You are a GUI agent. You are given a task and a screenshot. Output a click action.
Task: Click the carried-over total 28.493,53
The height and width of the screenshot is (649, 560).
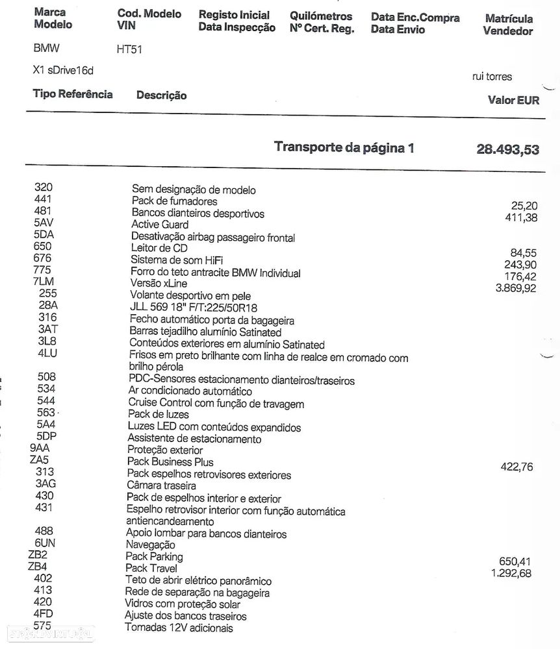click(x=507, y=150)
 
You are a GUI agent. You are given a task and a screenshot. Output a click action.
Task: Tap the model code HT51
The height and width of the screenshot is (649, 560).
click(x=129, y=51)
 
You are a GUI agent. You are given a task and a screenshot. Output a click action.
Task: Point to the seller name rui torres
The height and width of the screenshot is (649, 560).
click(x=492, y=77)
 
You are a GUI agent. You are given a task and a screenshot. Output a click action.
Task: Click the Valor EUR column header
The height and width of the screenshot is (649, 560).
click(x=513, y=101)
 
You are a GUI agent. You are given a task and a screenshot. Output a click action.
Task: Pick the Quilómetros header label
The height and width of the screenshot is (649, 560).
click(x=321, y=16)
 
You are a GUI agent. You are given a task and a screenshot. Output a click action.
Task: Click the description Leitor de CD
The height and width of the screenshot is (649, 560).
click(x=160, y=249)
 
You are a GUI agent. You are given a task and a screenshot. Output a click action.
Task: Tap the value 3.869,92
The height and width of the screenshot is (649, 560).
click(x=516, y=288)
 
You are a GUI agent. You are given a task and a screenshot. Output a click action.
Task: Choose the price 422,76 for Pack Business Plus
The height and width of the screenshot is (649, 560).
click(x=517, y=466)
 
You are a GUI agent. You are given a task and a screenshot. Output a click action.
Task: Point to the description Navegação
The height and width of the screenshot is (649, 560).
click(x=150, y=545)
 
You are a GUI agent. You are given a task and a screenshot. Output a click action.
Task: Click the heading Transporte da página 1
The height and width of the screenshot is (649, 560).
click(x=344, y=147)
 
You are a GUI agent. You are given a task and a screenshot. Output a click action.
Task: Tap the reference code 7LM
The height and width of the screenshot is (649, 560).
click(x=44, y=282)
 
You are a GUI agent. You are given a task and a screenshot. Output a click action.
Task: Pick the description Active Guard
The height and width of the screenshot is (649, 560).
click(x=160, y=225)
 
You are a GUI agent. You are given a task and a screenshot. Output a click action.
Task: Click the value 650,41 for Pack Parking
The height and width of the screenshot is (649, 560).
click(x=516, y=561)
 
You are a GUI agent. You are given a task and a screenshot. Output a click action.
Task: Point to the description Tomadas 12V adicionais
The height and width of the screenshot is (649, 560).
click(x=179, y=628)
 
